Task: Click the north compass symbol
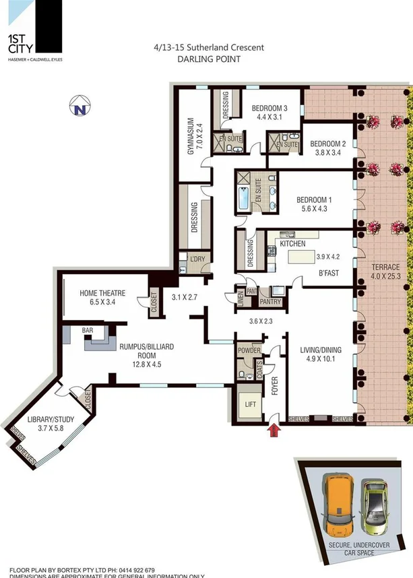[x=81, y=107]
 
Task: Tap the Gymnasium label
[x=191, y=137]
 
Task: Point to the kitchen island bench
[x=301, y=256]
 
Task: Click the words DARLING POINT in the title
[x=209, y=59]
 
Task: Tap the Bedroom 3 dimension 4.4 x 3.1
[x=269, y=117]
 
